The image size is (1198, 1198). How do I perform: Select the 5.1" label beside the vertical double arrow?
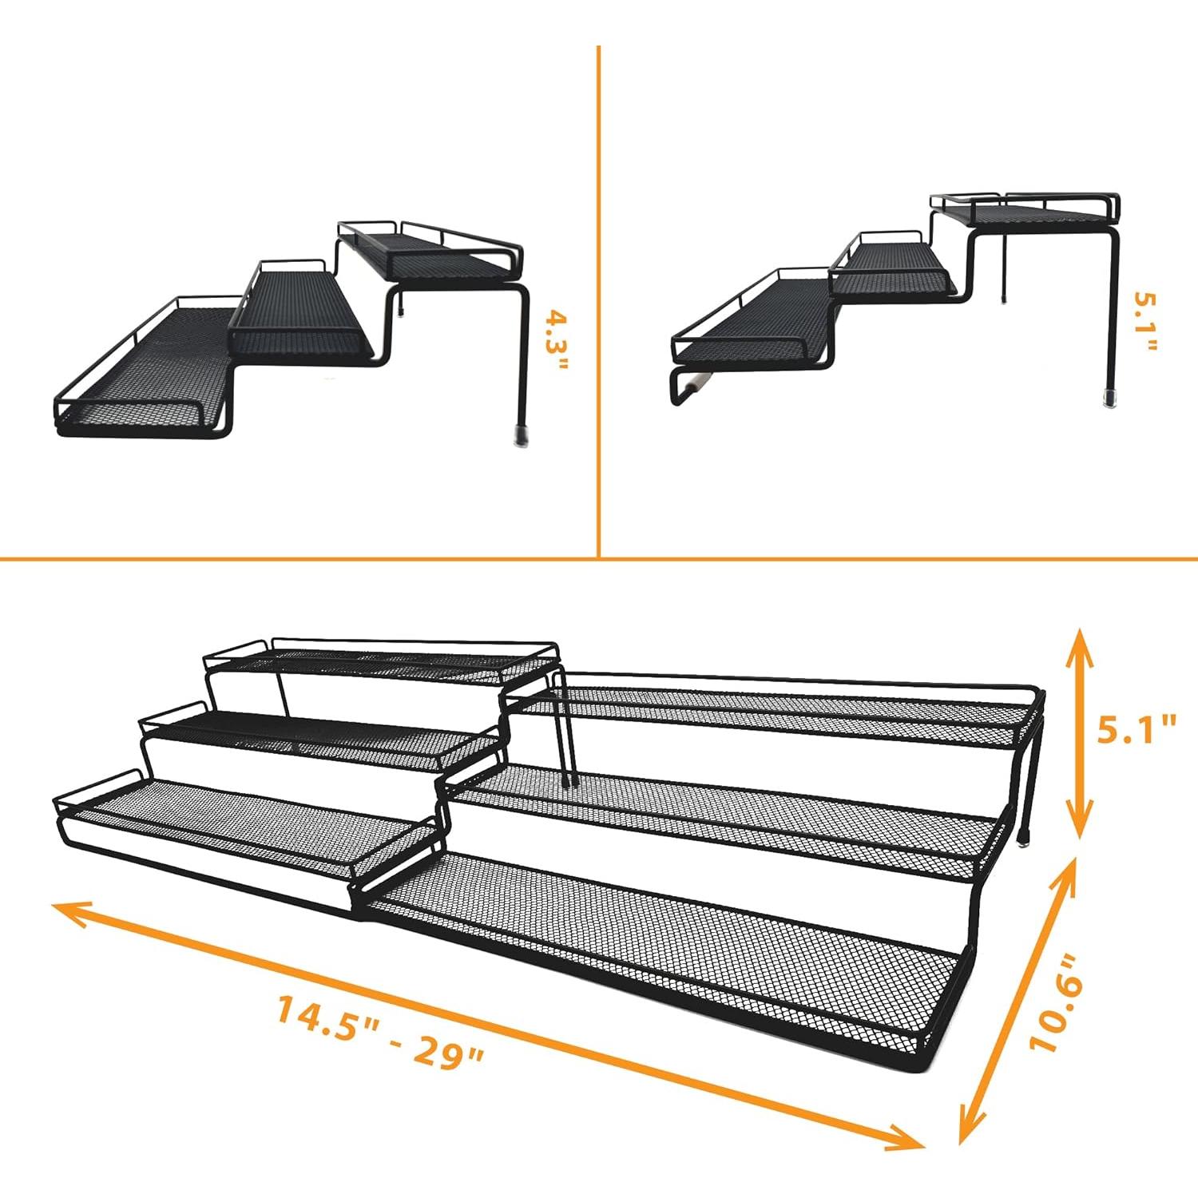[1137, 730]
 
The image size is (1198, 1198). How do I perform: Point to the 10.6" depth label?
[1056, 1002]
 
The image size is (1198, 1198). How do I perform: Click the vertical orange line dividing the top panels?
[598, 296]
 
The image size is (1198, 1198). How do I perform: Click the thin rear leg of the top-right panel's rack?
[1004, 268]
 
